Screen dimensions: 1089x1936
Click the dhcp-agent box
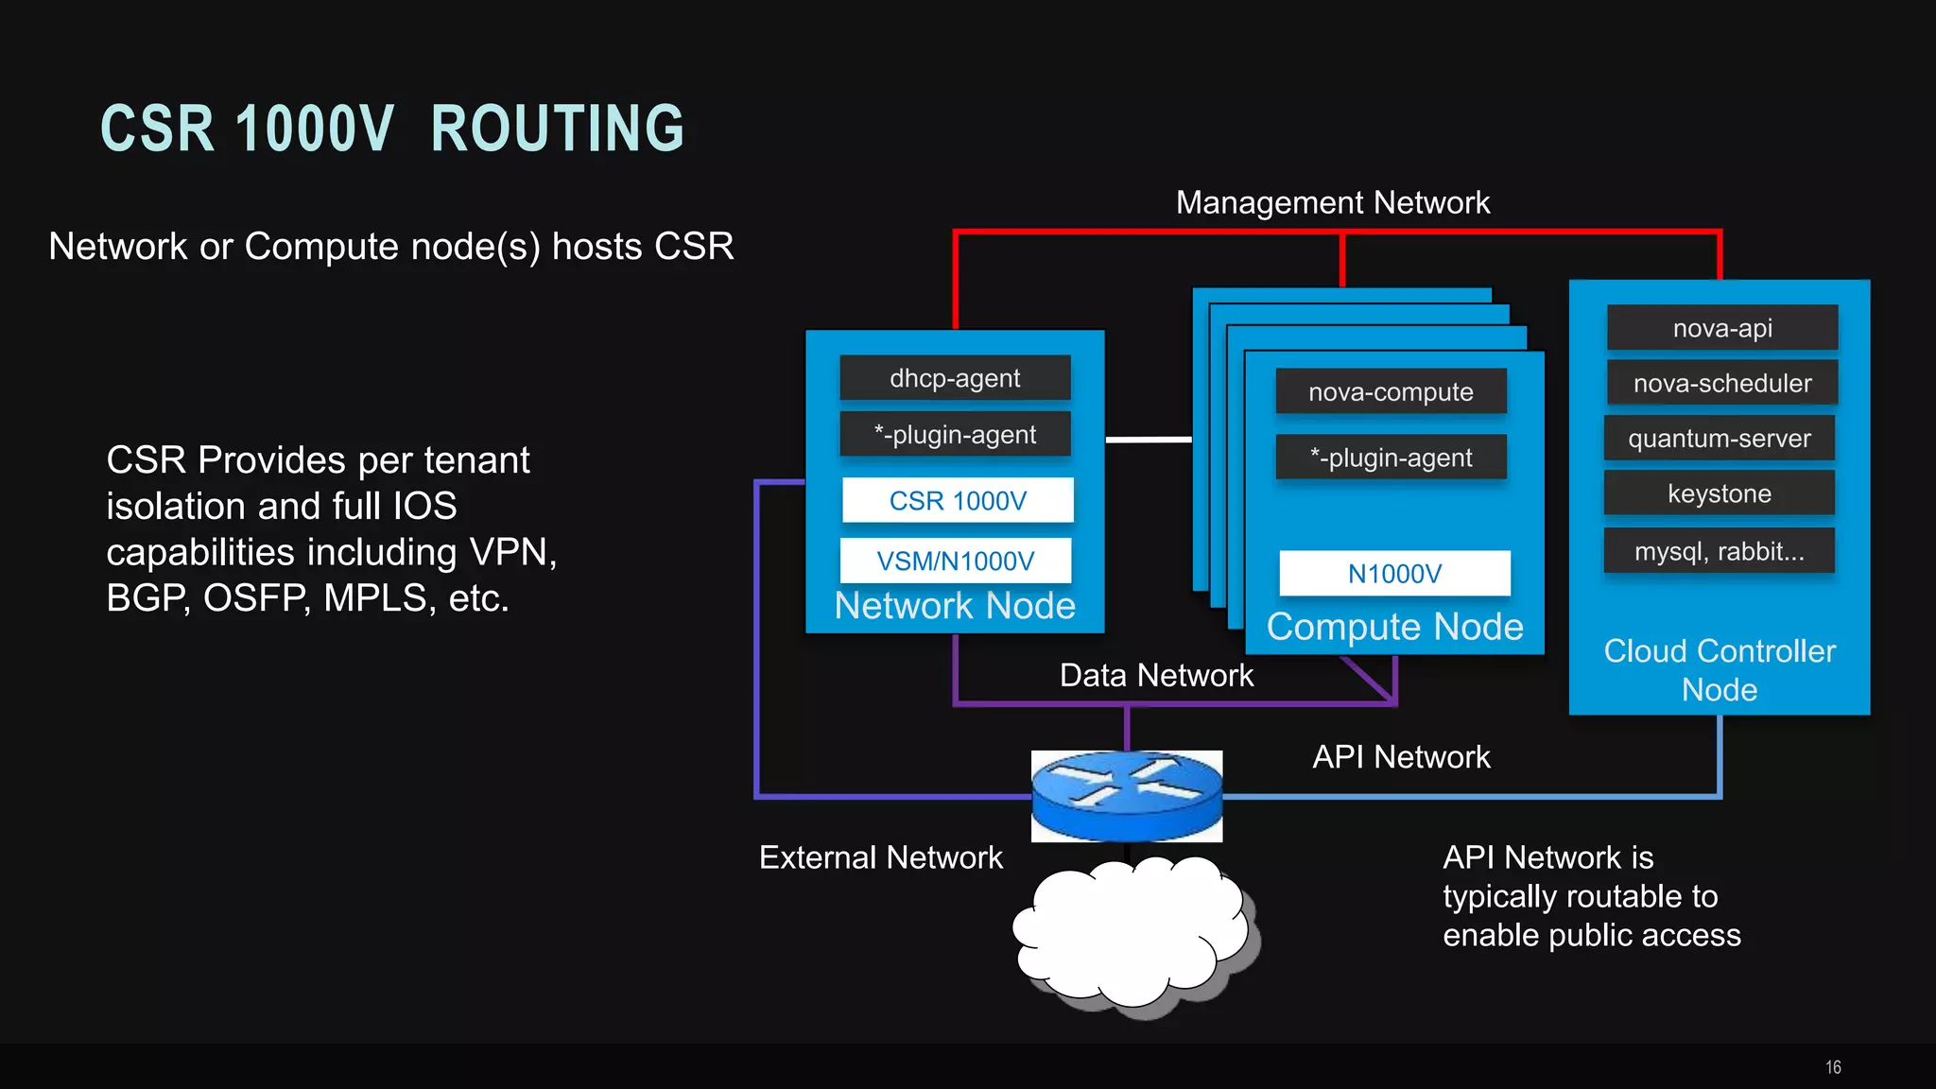[955, 378]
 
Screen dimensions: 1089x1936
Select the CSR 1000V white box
[958, 500]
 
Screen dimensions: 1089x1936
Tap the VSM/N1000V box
[956, 561]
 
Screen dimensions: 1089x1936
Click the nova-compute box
[1391, 391]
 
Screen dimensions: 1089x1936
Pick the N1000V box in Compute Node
[1394, 573]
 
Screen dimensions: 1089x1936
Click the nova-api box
[1722, 328]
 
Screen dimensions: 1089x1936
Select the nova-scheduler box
[1722, 383]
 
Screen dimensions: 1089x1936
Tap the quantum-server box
[1720, 438]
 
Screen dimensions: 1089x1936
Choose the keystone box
[1720, 493]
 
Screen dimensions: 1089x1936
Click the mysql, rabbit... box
[1720, 551]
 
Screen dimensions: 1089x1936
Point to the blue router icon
[1127, 796]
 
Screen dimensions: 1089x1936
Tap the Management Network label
[1332, 202]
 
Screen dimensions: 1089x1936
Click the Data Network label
[1156, 675]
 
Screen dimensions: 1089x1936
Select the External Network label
[880, 857]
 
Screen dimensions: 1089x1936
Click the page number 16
[1833, 1067]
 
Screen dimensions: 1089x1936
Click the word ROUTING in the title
[557, 129]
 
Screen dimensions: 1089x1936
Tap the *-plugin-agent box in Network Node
[955, 435]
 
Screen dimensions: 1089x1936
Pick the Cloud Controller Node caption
[1720, 669]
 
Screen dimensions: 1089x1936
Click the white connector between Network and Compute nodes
[1149, 440]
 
